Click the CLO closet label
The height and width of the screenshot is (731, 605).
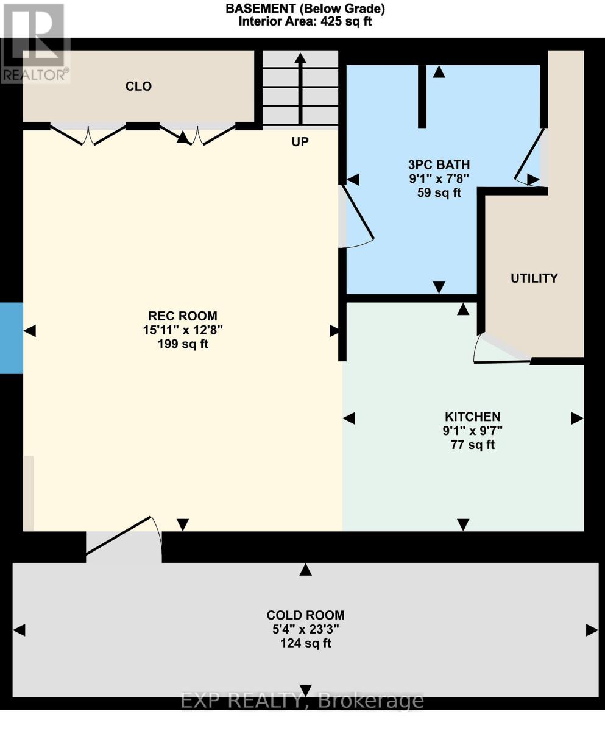pos(138,87)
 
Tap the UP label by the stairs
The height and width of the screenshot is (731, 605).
pos(300,142)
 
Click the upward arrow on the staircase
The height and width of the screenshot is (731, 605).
pos(300,85)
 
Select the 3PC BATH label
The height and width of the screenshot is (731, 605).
pos(439,164)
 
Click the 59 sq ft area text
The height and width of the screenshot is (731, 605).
pos(439,193)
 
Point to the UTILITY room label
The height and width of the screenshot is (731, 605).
pos(534,278)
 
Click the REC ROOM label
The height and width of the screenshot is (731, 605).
pos(183,316)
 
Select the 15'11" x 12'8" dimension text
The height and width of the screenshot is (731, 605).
pos(183,330)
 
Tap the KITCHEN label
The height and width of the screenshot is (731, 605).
pos(472,417)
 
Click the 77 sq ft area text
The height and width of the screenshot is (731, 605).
pos(472,445)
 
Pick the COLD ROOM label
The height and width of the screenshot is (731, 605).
pos(305,615)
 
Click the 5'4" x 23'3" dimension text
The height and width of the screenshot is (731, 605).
pos(305,629)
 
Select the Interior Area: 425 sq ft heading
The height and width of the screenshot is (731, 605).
pos(305,21)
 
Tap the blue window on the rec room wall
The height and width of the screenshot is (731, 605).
pos(11,338)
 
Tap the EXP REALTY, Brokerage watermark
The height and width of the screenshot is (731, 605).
pos(302,701)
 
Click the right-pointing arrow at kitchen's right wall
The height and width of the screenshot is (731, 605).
pos(577,418)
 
